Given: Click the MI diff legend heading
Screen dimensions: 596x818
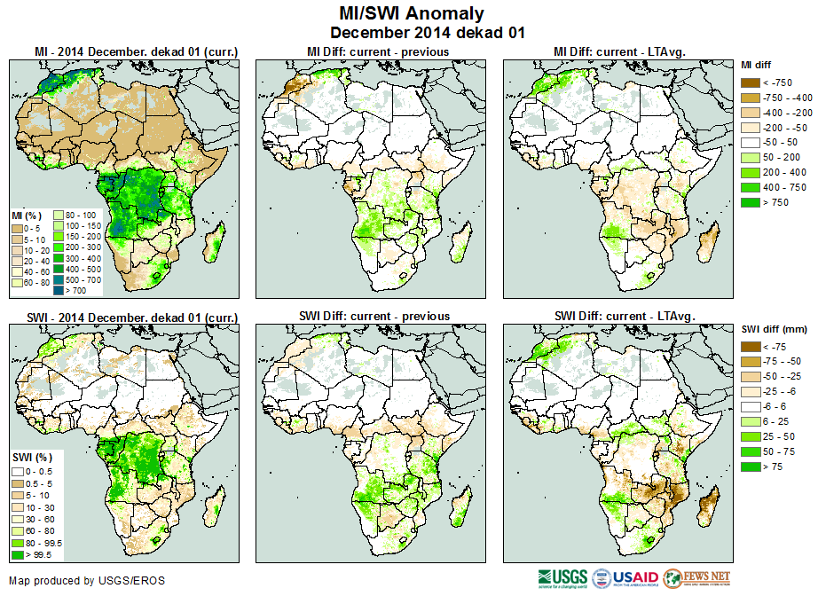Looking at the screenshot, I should (x=759, y=65).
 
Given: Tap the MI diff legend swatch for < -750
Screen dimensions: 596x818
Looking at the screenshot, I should (x=751, y=82).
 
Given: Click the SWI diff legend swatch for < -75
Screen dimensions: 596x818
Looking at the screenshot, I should (x=751, y=347).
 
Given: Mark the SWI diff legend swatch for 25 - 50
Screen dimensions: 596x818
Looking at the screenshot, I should (x=751, y=437).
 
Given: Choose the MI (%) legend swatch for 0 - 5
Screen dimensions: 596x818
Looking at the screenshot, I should (x=18, y=229).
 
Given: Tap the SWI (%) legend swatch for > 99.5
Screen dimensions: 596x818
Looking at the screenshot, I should (x=18, y=554).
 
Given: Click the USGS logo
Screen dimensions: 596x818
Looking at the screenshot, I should (x=561, y=578).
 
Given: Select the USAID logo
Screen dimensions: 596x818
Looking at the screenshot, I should (x=625, y=578).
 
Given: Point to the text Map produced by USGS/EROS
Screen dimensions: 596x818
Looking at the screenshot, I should (x=86, y=581).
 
